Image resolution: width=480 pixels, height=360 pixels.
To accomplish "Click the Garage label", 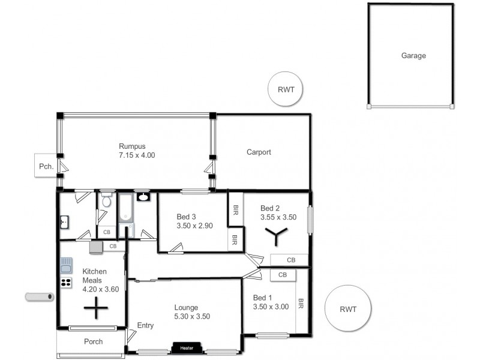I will tap(413, 56).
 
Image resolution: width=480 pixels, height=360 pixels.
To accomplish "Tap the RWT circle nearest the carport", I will tap(285, 89).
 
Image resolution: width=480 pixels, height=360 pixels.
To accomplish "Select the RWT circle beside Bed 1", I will tap(347, 310).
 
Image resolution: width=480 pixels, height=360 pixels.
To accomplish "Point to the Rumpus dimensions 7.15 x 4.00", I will tap(137, 155).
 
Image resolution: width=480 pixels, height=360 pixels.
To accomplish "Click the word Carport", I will tap(259, 152).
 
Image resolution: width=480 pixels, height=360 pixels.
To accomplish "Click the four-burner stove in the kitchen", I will tap(65, 282).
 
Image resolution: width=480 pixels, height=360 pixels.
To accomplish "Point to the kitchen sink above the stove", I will tap(65, 264).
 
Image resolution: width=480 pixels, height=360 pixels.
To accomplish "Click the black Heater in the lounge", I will tap(186, 347).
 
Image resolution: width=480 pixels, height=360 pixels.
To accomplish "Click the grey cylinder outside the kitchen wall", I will tap(40, 296).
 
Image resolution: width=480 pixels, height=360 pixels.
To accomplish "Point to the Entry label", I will tap(145, 326).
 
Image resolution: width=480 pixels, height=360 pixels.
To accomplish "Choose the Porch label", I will tap(92, 342).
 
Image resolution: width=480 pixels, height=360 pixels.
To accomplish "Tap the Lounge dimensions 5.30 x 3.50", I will tap(191, 316).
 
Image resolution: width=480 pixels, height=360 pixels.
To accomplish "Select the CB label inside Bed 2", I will tap(291, 260).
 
